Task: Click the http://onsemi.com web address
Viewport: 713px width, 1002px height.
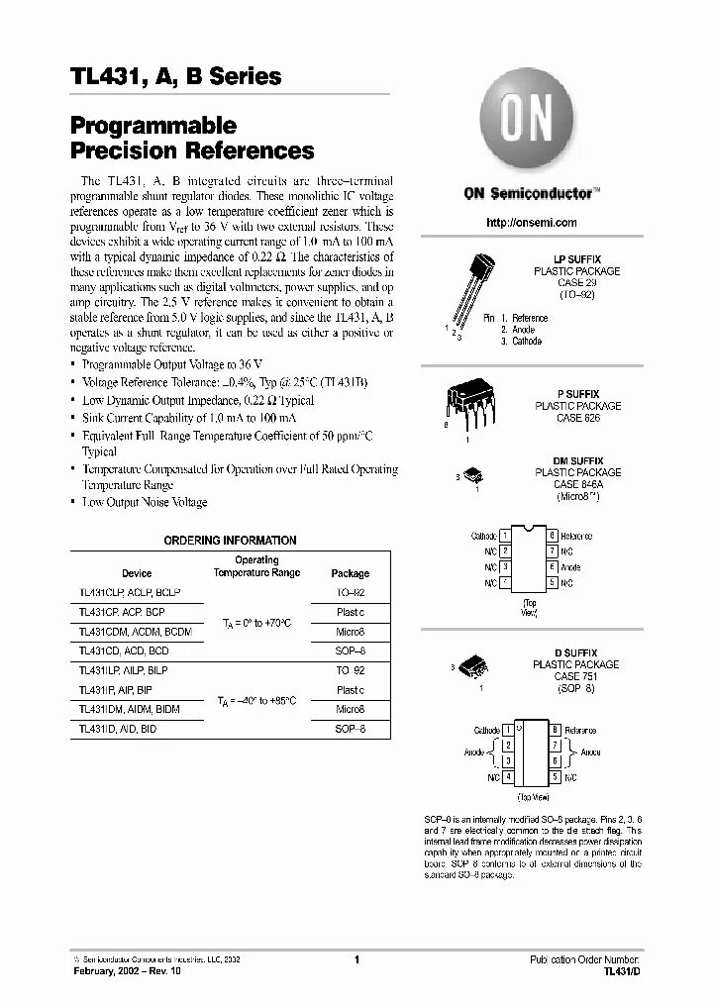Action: pyautogui.click(x=532, y=223)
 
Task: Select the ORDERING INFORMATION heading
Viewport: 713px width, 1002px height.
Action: pyautogui.click(x=229, y=541)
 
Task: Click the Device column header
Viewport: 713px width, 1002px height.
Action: pyautogui.click(x=137, y=573)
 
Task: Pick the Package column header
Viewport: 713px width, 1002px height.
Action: pyautogui.click(x=350, y=573)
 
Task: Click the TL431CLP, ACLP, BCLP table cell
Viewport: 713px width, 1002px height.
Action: pyautogui.click(x=129, y=592)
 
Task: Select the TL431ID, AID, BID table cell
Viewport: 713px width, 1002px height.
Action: pyautogui.click(x=118, y=729)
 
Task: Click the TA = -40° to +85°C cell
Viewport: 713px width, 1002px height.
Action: pyautogui.click(x=256, y=700)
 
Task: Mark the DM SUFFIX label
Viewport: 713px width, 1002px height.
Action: pyautogui.click(x=578, y=461)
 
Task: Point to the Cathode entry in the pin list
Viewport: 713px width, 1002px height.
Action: pyautogui.click(x=527, y=341)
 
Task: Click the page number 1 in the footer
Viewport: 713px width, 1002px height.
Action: pyautogui.click(x=356, y=960)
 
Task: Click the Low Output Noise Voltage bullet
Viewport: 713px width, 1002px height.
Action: pyautogui.click(x=145, y=503)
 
